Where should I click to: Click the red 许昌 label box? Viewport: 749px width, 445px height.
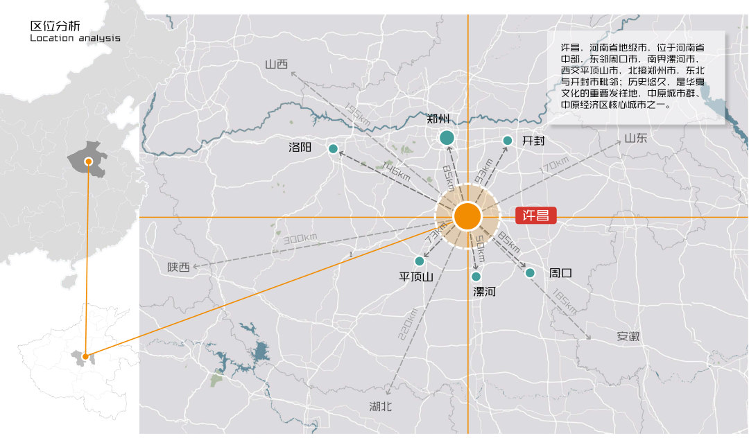click(536, 216)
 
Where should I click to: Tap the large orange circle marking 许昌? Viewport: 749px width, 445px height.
click(467, 216)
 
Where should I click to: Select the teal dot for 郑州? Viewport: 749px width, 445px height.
click(447, 138)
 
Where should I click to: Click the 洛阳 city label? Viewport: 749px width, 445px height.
click(300, 148)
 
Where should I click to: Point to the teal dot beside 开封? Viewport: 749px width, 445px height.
click(507, 141)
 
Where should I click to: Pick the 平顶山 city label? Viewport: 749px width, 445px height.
click(416, 277)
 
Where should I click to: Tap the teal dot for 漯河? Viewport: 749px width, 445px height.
click(476, 277)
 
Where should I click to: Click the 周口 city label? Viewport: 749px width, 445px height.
click(560, 273)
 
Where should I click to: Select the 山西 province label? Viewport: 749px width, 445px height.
click(276, 64)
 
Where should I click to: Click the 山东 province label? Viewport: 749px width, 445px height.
click(635, 138)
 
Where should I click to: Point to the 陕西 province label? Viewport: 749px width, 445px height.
click(178, 267)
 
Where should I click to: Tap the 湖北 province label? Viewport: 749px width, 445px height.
click(381, 406)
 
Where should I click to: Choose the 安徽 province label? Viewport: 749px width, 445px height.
click(628, 336)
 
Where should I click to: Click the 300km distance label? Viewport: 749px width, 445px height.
click(300, 238)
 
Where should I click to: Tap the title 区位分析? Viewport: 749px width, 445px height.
click(50, 26)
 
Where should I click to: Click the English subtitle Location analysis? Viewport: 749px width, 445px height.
click(75, 38)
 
